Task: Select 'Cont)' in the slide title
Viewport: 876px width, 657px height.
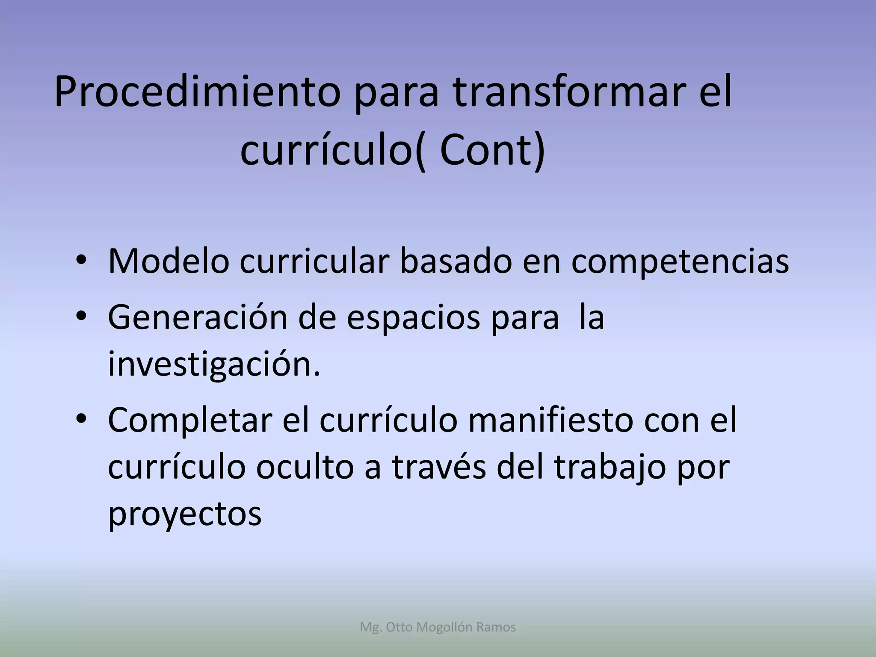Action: pyautogui.click(x=492, y=151)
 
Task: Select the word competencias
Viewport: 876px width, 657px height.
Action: pyautogui.click(x=680, y=262)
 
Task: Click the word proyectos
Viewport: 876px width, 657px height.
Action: pyautogui.click(x=184, y=514)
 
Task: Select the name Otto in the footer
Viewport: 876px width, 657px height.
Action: pyautogui.click(x=400, y=627)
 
